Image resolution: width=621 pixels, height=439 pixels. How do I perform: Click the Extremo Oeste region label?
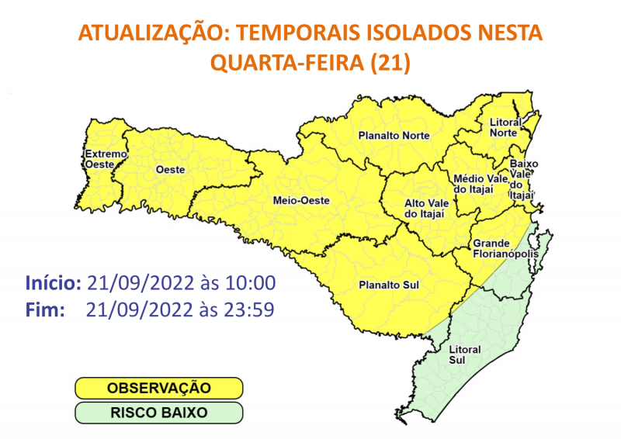pos(104,158)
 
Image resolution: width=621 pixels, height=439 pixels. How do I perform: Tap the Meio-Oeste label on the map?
pos(302,201)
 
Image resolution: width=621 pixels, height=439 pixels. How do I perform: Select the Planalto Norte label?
pos(394,136)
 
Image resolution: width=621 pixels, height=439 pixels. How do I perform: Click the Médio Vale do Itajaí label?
pos(474,184)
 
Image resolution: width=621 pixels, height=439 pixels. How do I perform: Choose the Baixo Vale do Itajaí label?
pos(522,179)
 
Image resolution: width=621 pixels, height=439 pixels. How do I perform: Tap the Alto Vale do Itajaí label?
pos(426,207)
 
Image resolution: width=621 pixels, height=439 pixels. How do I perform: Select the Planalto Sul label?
pos(388,285)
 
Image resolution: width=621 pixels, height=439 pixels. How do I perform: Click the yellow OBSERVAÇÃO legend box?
pos(159,386)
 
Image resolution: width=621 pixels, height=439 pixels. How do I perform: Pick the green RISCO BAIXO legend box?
pos(159,412)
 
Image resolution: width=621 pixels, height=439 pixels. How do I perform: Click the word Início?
pos(53,282)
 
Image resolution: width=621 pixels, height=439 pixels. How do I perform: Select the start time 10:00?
pos(249,282)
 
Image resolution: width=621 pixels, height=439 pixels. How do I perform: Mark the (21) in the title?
pos(391,62)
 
